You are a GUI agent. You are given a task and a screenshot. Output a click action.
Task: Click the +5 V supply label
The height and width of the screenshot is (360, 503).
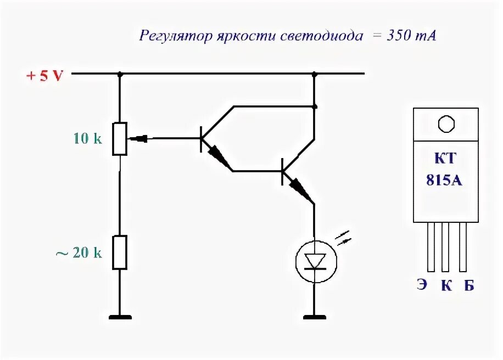(x=45, y=76)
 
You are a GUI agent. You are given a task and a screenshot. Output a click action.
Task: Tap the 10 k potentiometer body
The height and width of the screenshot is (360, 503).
(x=120, y=139)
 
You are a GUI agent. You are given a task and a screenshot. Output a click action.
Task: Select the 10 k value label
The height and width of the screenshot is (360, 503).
(x=88, y=139)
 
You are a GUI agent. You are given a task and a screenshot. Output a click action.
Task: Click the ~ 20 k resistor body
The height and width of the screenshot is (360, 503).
(x=120, y=252)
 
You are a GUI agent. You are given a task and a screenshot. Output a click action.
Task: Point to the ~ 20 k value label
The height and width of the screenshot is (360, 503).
(x=79, y=253)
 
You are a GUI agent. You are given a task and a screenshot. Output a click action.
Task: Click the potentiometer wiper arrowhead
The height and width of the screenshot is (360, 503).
(x=141, y=139)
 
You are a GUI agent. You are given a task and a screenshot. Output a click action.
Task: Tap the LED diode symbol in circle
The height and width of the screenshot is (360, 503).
(x=315, y=259)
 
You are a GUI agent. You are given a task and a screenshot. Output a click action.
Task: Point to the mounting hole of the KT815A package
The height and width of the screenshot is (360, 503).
(x=446, y=124)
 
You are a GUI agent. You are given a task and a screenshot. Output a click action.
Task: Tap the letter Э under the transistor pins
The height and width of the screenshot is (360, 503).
(x=422, y=285)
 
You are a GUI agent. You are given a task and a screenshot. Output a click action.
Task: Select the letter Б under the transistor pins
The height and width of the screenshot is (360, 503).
(x=468, y=285)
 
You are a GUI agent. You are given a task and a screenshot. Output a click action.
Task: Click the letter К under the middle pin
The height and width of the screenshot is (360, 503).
(x=445, y=285)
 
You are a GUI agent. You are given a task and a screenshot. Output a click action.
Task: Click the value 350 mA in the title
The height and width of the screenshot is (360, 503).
(x=406, y=36)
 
